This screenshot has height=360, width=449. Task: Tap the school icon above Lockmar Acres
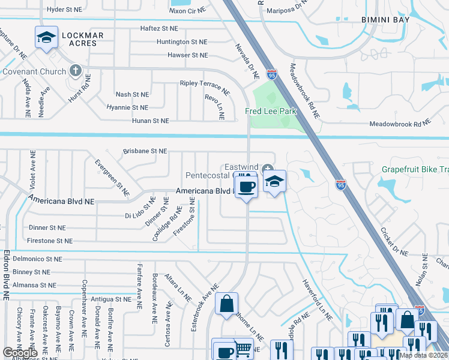(x=46, y=38)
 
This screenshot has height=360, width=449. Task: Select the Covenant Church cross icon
(x=75, y=71)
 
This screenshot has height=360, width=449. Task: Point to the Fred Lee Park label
(x=271, y=112)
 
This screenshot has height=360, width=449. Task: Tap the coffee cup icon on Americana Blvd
(x=246, y=187)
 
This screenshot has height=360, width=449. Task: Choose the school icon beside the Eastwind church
(x=274, y=182)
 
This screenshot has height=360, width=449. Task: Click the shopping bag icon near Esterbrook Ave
(x=227, y=304)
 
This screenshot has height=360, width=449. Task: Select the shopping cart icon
(x=243, y=349)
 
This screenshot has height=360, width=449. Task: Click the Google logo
(x=20, y=353)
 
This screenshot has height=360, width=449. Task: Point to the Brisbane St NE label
(x=145, y=152)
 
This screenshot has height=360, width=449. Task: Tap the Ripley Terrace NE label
(x=205, y=87)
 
